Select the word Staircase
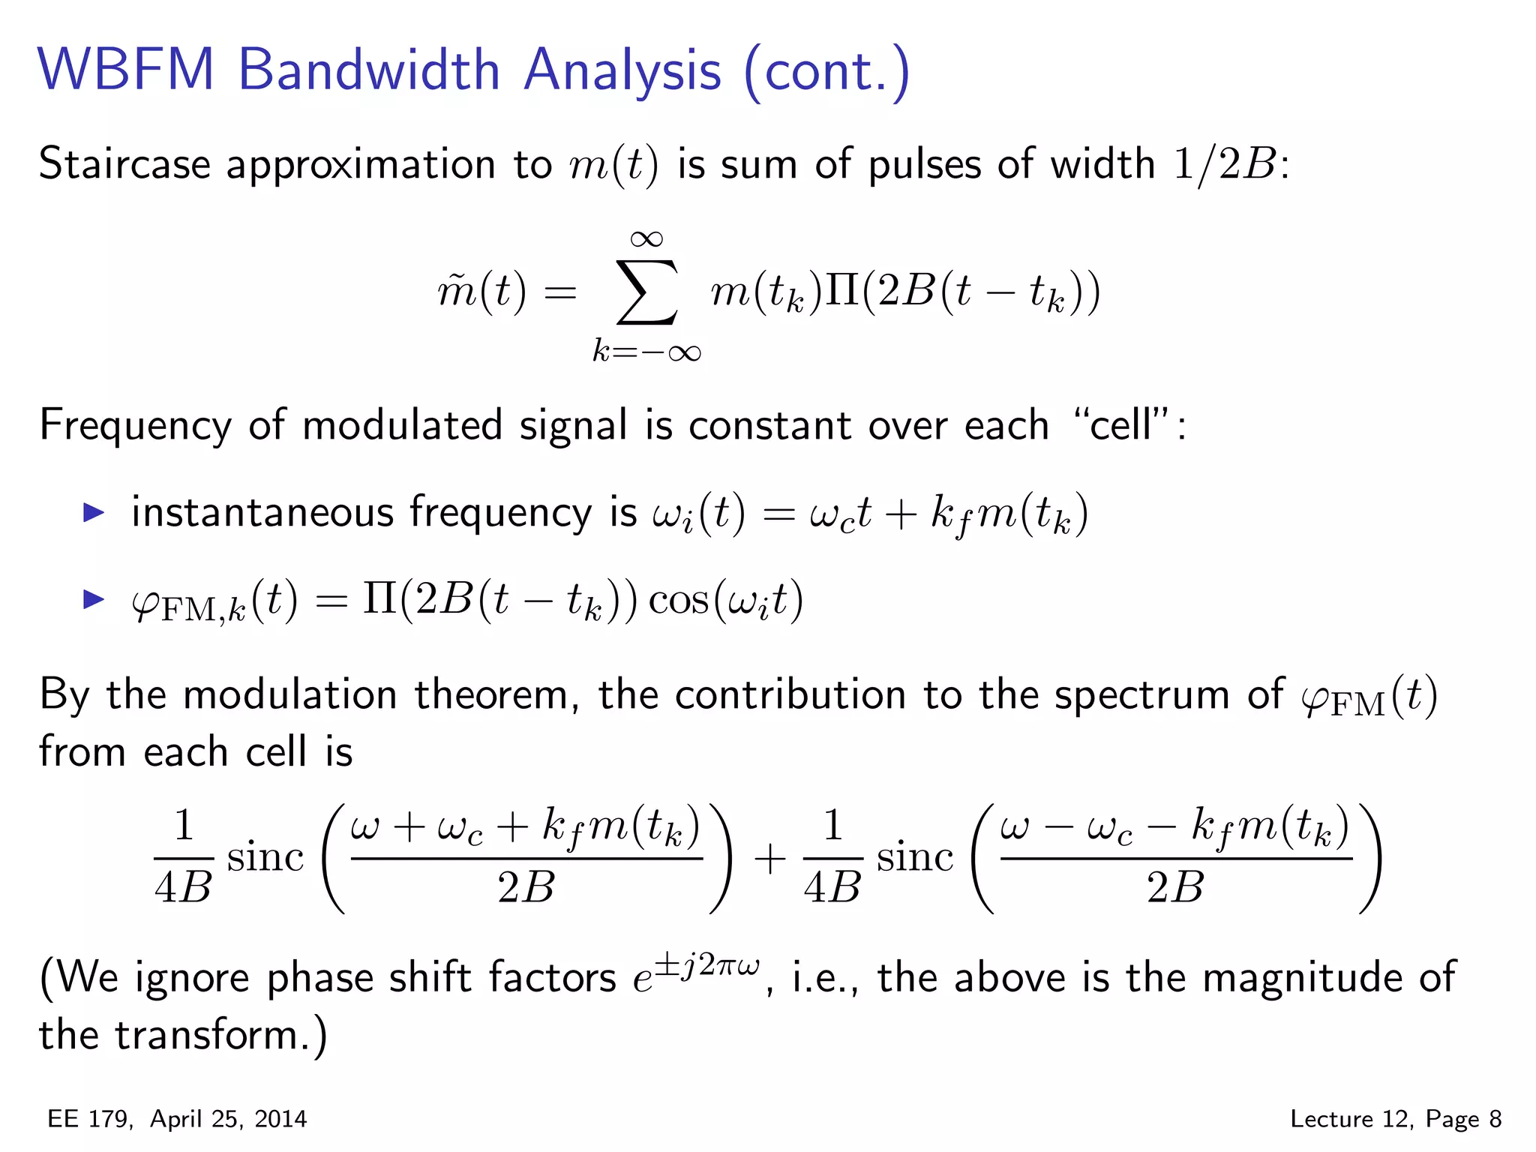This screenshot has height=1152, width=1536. click(124, 163)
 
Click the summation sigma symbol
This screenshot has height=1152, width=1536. click(646, 292)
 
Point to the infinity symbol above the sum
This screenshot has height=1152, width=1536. click(646, 239)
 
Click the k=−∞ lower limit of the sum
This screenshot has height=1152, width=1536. click(646, 351)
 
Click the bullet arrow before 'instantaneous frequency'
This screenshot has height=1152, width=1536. click(94, 513)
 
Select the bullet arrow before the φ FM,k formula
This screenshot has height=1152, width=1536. click(94, 599)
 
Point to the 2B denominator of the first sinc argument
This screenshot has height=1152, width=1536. click(526, 887)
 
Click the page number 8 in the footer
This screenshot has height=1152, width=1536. click(1495, 1119)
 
